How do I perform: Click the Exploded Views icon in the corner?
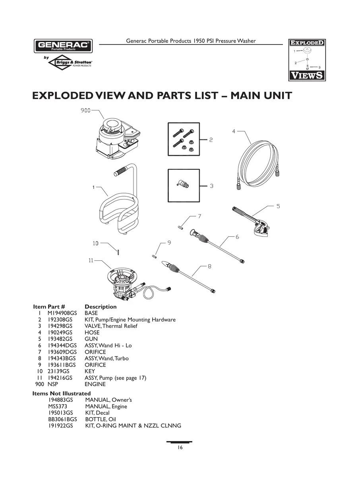(x=306, y=60)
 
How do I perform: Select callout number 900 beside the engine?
(x=85, y=110)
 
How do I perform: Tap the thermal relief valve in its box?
(x=183, y=184)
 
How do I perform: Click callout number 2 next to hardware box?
(x=211, y=140)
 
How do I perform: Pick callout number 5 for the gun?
(x=278, y=206)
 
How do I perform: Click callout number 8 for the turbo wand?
(x=209, y=267)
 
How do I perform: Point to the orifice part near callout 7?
(x=180, y=227)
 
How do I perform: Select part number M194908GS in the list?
(x=62, y=313)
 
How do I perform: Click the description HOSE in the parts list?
(x=92, y=333)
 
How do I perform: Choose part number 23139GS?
(x=58, y=372)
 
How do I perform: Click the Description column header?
(x=101, y=307)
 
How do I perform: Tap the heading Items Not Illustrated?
(x=61, y=394)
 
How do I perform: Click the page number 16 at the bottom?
(x=180, y=448)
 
